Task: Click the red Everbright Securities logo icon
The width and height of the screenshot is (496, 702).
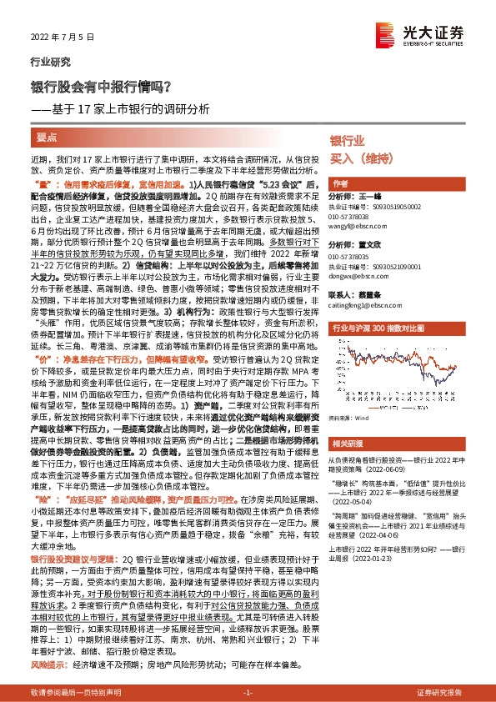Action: point(413,33)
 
